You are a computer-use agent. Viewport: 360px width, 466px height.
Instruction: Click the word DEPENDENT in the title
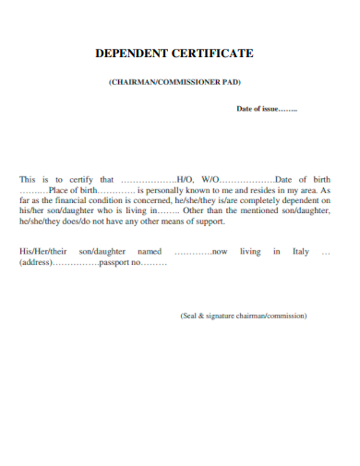(x=129, y=54)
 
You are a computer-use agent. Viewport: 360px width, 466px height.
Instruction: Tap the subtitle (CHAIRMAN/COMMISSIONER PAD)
(x=174, y=82)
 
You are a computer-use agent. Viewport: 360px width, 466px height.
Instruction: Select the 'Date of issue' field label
(x=257, y=109)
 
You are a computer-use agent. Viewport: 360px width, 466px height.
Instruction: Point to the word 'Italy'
(x=301, y=251)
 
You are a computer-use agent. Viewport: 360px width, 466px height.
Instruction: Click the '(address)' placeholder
(x=36, y=262)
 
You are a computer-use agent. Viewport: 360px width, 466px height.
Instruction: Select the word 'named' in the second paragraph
(x=149, y=251)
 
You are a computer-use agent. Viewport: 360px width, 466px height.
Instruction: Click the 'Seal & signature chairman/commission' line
(x=244, y=316)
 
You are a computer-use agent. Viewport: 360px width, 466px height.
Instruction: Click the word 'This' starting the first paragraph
(x=27, y=179)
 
